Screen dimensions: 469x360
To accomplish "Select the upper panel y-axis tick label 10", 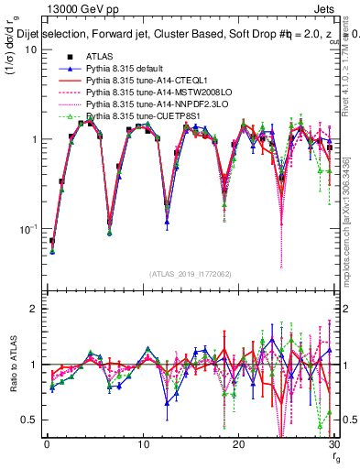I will coord(30,49).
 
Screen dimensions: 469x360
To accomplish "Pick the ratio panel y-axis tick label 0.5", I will coord(28,420).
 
